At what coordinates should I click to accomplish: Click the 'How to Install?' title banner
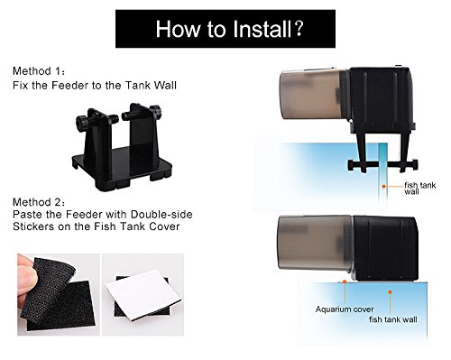[225, 29]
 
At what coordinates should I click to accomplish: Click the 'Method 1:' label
[39, 71]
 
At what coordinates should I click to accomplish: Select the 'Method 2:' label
[39, 202]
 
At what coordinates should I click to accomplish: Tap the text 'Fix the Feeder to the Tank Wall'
[95, 86]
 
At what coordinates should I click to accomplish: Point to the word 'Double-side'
[161, 215]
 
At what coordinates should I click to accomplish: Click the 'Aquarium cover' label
[345, 309]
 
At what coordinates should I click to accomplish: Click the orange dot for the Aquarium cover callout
[345, 282]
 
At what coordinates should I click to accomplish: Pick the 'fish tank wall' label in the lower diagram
[393, 319]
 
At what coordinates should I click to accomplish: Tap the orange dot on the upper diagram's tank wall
[383, 187]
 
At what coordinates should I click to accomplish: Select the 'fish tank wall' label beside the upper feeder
[419, 189]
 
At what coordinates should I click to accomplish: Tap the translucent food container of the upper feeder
[313, 95]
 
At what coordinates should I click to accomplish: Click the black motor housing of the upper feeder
[382, 99]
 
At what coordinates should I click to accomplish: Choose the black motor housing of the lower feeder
[385, 248]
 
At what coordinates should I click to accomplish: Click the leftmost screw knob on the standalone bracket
[82, 122]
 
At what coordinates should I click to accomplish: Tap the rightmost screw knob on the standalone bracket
[156, 112]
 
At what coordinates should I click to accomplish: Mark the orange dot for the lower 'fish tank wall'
[390, 292]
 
